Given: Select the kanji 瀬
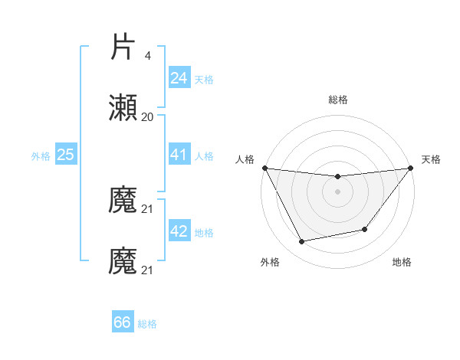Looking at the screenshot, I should tap(123, 109).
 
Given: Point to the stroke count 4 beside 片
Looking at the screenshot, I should tap(148, 55).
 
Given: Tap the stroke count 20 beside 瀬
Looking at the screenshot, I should tap(147, 117).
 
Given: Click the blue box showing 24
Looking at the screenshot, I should tap(179, 78).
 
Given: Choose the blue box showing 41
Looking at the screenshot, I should tap(179, 155).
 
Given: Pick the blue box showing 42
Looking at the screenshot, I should tap(179, 231).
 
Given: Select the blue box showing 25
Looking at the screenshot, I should tap(65, 155).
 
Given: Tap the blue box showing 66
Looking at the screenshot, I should tap(123, 322).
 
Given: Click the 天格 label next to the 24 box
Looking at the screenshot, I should tap(204, 80).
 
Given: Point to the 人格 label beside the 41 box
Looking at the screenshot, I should tap(204, 156).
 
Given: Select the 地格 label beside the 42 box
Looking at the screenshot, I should tap(204, 233).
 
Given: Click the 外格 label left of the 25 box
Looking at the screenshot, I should tap(41, 156).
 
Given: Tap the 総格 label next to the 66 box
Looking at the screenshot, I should tap(147, 324).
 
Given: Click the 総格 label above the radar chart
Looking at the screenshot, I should tap(337, 100).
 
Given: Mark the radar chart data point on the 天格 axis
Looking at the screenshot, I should tap(410, 168).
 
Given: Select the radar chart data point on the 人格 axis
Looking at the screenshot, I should tap(264, 168).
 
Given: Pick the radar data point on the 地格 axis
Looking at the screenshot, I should tap(365, 229).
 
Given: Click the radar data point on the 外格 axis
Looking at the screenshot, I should tap(302, 242).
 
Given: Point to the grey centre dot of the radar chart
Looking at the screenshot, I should tap(337, 191).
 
